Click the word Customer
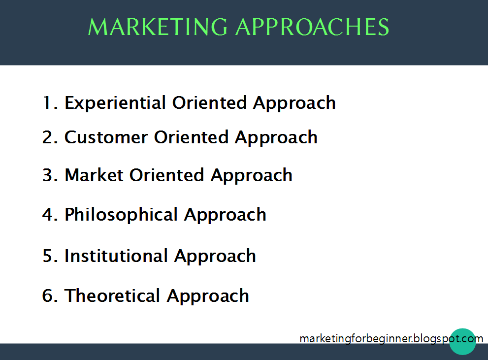pos(106,137)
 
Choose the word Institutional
pos(116,256)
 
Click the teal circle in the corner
pos(462,342)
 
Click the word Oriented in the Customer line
pos(192,137)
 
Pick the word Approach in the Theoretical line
pos(208,296)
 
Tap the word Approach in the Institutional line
pos(215,257)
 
